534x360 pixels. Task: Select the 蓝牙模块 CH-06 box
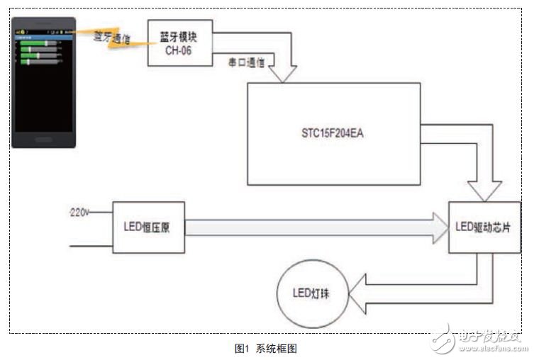click(179, 43)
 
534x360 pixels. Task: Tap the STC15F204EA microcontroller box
click(333, 134)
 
